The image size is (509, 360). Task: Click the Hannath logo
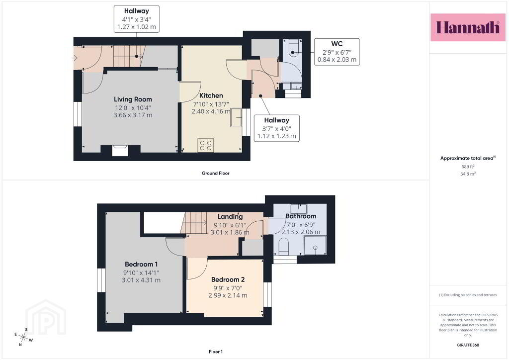click(x=468, y=27)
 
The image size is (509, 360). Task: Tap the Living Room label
click(x=133, y=99)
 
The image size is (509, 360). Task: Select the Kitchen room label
click(x=211, y=95)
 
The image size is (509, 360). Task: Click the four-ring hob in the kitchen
click(x=205, y=145)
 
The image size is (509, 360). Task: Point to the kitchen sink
click(x=236, y=117)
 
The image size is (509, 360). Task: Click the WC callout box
click(x=337, y=52)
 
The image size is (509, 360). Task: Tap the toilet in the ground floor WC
click(x=293, y=49)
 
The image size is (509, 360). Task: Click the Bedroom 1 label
click(x=141, y=264)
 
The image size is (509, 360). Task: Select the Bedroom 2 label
click(x=228, y=279)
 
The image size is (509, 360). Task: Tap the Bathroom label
click(x=301, y=216)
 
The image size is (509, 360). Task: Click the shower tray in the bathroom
click(x=315, y=246)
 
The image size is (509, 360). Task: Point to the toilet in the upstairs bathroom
click(x=284, y=247)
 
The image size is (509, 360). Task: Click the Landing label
click(x=230, y=216)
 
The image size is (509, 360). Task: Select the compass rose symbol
click(x=23, y=337)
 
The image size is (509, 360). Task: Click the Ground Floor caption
click(x=216, y=174)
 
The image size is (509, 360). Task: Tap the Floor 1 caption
click(x=216, y=352)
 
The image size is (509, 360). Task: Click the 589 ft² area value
click(x=468, y=167)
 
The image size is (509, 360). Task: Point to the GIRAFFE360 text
click(x=468, y=345)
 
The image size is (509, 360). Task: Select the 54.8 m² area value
click(x=468, y=174)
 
